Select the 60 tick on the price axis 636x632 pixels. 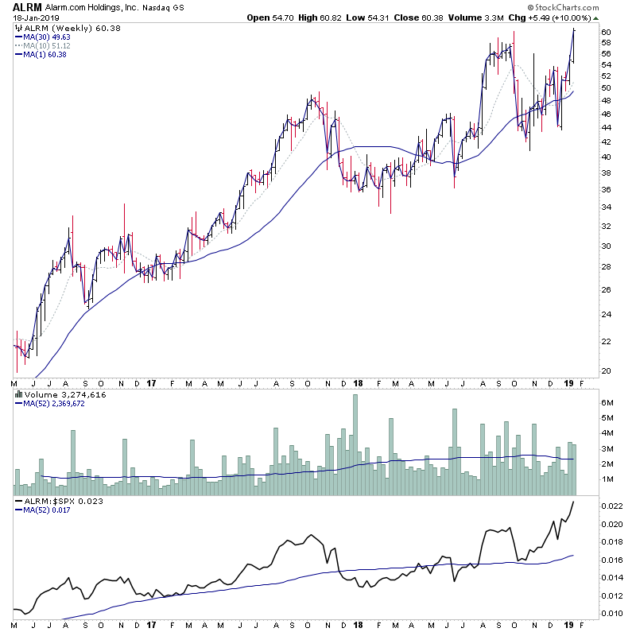(x=606, y=32)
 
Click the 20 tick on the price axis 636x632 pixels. (x=606, y=370)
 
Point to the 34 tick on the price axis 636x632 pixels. (x=606, y=208)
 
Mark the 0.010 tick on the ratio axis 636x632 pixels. (x=611, y=613)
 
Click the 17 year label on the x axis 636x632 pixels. (x=151, y=384)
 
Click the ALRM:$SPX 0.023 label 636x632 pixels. (x=54, y=502)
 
